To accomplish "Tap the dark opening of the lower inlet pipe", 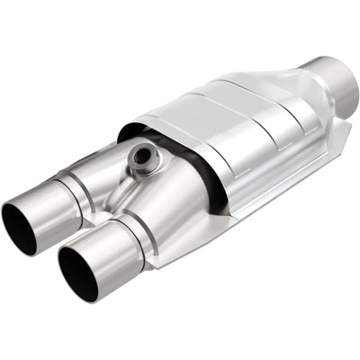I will point(78,271).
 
